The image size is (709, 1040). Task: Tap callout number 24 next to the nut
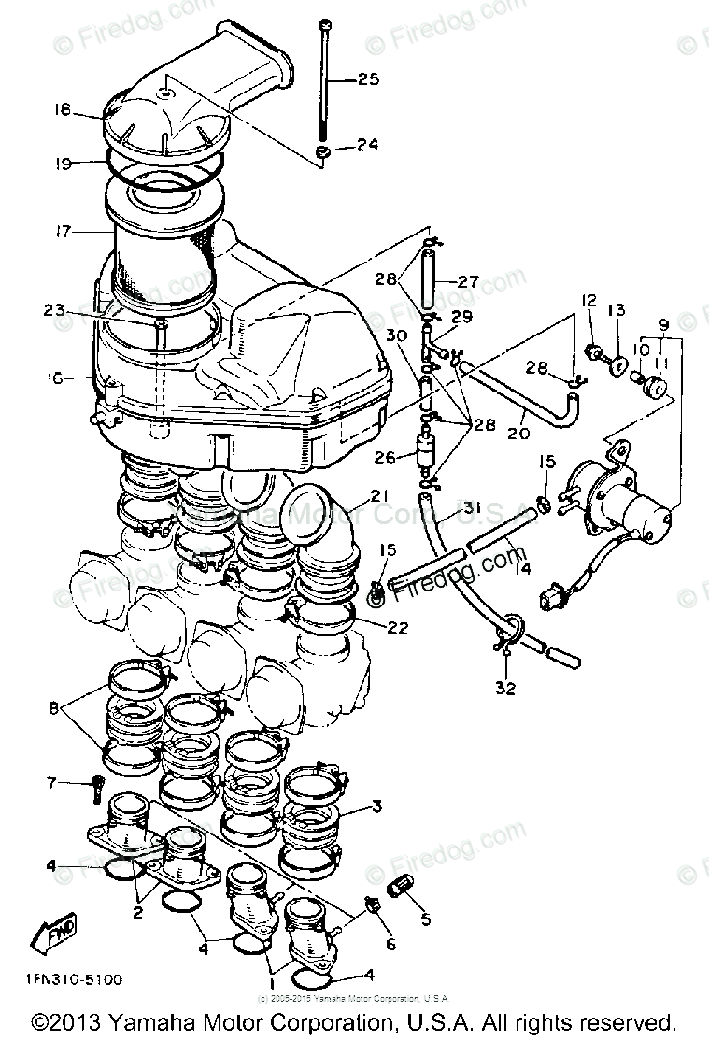coord(368,145)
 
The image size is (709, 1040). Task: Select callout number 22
coord(398,628)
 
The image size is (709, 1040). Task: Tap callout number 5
coord(425,919)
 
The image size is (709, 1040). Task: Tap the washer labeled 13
coord(617,361)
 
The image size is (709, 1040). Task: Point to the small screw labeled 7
coord(96,788)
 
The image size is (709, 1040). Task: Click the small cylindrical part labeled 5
coord(400,883)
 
